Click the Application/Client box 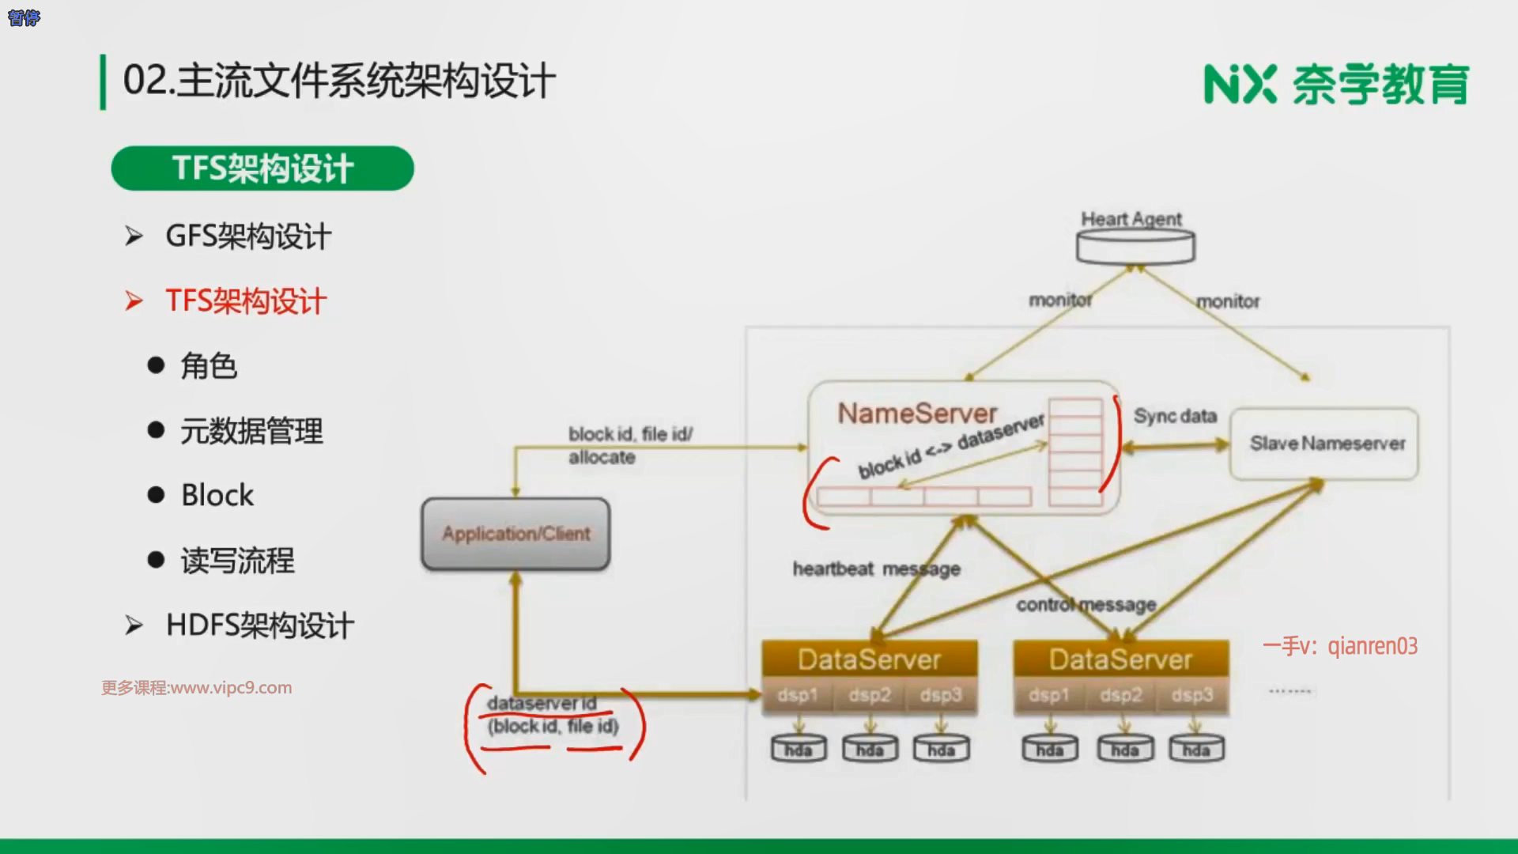coord(515,534)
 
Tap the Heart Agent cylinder coord(1135,246)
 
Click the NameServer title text coord(917,414)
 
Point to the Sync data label coord(1175,417)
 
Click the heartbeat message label coord(876,569)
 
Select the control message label coord(1086,605)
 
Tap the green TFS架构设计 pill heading coord(262,168)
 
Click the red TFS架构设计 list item coord(245,301)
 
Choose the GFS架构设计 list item coord(247,236)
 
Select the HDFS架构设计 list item coord(259,625)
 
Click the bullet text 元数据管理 coord(251,431)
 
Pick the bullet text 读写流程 coord(237,561)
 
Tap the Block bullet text coord(217,496)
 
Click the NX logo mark coord(1240,85)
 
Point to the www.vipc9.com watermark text coord(197,688)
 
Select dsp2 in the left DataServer coord(870,695)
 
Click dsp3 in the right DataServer coord(1191,695)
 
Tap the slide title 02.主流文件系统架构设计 coord(339,81)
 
